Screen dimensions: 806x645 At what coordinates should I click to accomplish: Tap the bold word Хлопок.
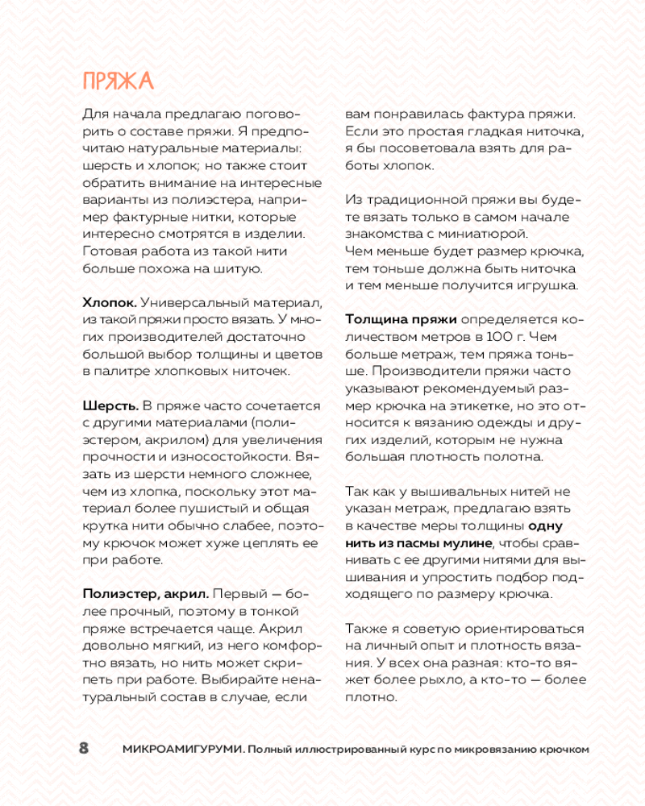click(110, 302)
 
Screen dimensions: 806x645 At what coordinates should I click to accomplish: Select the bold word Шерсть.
click(111, 405)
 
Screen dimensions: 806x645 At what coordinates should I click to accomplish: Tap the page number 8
click(83, 748)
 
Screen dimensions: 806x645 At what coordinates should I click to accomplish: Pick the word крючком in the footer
click(565, 749)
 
